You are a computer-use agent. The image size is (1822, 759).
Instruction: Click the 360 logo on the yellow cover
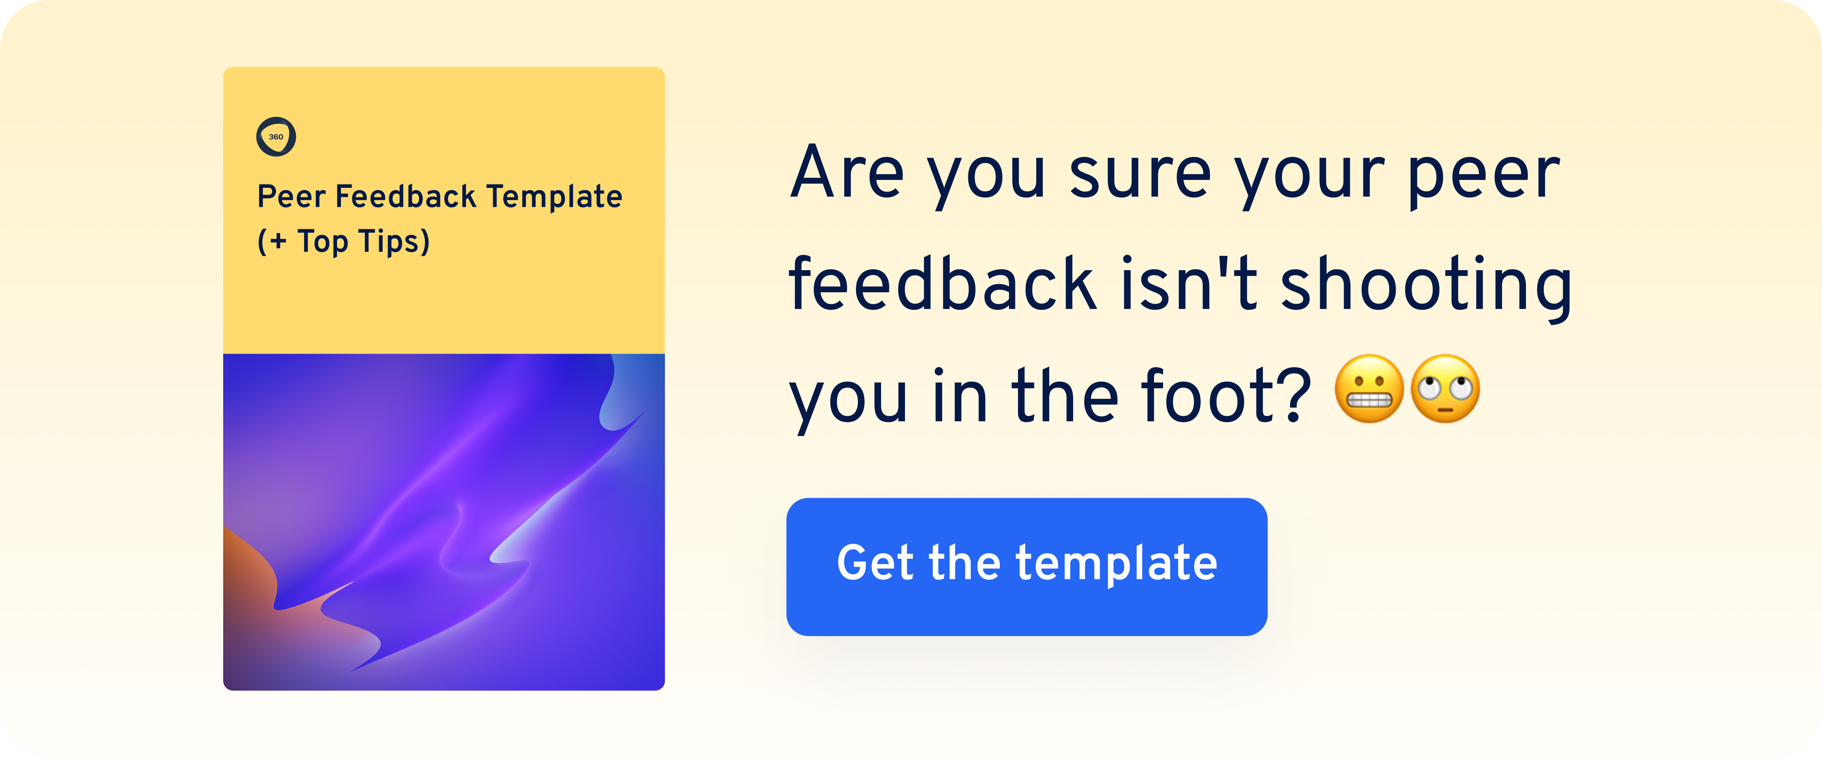click(276, 137)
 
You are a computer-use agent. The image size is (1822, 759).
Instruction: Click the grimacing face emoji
click(1369, 389)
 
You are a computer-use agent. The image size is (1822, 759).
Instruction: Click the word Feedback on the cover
click(405, 197)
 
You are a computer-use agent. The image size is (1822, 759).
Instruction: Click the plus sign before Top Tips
click(278, 242)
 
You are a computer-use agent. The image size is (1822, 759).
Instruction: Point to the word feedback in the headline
click(942, 284)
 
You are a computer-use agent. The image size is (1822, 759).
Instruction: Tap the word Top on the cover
click(322, 242)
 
